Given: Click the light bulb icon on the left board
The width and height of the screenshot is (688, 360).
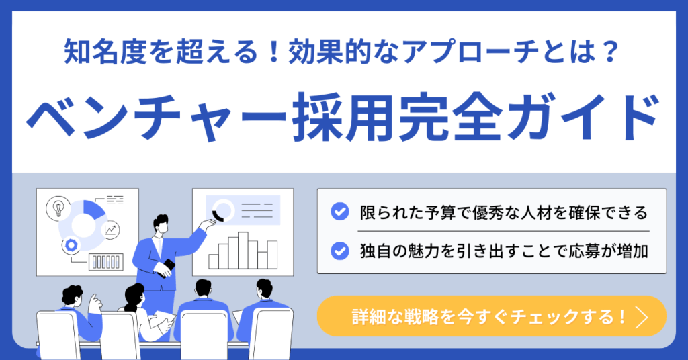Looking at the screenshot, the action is [58, 208].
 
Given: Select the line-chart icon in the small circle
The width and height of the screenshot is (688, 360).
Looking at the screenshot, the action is [110, 229].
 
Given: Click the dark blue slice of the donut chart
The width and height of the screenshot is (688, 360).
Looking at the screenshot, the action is [94, 210].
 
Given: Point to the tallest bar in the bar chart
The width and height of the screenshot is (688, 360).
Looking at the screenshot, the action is [243, 250].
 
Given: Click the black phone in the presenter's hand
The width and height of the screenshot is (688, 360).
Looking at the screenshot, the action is [167, 267].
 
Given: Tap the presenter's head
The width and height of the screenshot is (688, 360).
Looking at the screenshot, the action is [161, 224].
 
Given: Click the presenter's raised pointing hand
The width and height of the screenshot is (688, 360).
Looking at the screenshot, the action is [208, 224].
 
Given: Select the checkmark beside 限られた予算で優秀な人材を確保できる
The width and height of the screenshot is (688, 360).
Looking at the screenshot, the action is [339, 212].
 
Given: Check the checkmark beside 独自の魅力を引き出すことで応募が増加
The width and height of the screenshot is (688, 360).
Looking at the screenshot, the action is [339, 251].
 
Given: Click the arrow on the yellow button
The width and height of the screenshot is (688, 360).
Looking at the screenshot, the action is [642, 316].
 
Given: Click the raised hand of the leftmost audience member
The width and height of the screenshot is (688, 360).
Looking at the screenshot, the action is [95, 302].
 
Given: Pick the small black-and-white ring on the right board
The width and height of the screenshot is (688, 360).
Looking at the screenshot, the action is [224, 210].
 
